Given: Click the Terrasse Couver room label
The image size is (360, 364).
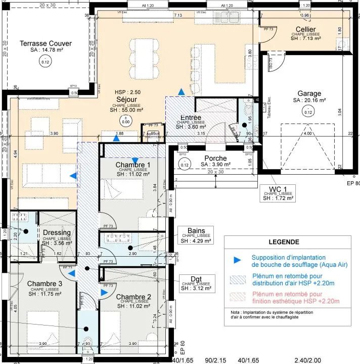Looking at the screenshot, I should pos(46,44).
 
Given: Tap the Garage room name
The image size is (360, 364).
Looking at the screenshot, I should pos(309,94).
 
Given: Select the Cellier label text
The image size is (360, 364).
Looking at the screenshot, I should pos(306,30).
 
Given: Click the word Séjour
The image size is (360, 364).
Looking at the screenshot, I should pos(126,100).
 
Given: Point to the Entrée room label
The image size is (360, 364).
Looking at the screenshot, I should pos(191,118).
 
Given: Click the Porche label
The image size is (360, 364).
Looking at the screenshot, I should pos(215,158).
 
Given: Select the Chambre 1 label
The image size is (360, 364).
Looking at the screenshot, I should pos(133,166).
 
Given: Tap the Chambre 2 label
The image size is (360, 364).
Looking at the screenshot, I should pos(133,297).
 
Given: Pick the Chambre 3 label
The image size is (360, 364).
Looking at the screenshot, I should pos(45,283).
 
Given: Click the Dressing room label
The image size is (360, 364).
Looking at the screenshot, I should pos(57,233).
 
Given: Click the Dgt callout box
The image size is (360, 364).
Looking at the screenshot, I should pos(196,282).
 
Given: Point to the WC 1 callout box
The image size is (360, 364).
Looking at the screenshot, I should pos(277,193).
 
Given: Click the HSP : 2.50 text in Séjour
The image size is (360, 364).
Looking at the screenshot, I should pos(127,92).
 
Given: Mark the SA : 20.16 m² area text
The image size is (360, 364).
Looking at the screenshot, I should pos(309,101).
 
